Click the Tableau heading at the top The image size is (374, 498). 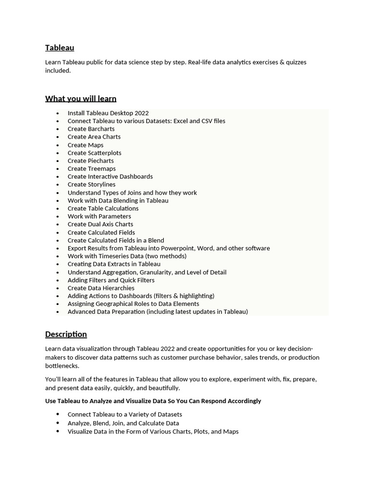[59, 48]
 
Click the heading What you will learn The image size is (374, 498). [80, 99]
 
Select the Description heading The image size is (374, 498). [66, 334]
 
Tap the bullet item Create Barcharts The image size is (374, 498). [91, 129]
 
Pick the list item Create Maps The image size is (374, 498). [85, 145]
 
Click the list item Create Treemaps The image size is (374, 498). [92, 169]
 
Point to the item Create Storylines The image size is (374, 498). [92, 184]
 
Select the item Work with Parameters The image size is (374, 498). [99, 216]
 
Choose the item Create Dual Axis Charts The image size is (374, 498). [100, 224]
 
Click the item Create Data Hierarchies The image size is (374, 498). [101, 288]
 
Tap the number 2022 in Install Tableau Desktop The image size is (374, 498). [141, 113]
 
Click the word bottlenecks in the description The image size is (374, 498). [62, 366]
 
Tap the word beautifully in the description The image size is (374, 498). [162, 388]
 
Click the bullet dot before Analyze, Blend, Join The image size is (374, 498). [57, 423]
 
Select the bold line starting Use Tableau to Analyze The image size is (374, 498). [153, 401]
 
